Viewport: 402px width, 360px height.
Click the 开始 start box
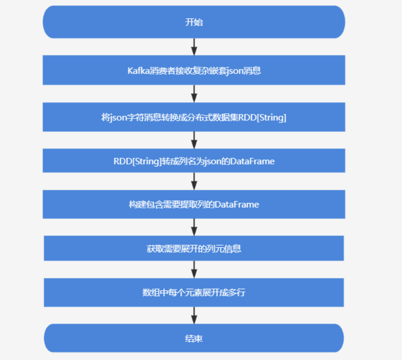[194, 22]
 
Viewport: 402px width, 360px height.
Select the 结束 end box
[194, 338]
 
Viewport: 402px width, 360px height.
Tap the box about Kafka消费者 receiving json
[194, 70]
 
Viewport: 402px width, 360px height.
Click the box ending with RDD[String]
[194, 117]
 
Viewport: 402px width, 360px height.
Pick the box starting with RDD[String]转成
[194, 161]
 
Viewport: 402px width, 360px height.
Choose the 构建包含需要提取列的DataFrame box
[194, 204]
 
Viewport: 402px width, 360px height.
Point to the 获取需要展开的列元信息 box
[194, 249]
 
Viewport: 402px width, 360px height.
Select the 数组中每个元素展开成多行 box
[194, 292]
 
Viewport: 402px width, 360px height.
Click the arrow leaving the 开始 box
[194, 46]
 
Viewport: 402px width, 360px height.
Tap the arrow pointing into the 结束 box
[194, 315]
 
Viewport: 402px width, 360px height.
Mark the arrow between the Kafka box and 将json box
[194, 93]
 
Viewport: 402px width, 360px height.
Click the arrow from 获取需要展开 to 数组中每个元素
[194, 269]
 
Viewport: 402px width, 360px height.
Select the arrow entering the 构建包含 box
[194, 181]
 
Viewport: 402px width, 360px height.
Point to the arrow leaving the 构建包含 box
[194, 226]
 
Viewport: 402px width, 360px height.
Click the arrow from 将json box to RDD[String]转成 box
[194, 140]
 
